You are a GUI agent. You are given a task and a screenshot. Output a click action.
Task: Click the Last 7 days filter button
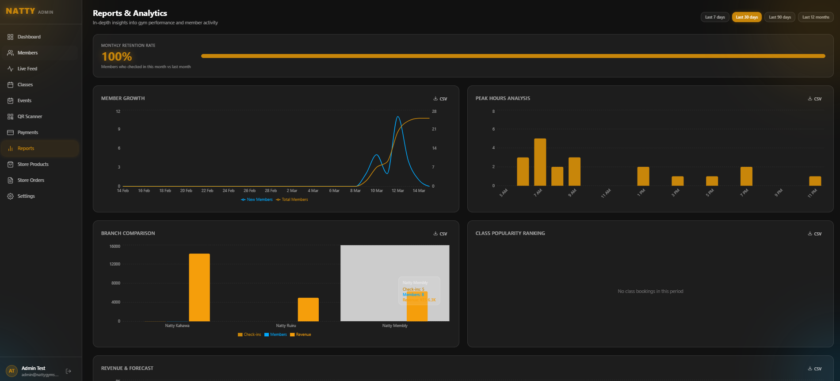pyautogui.click(x=714, y=17)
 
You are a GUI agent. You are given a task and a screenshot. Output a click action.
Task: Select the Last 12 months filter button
pyautogui.click(x=815, y=17)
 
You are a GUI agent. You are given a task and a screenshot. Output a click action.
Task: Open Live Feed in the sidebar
pyautogui.click(x=27, y=69)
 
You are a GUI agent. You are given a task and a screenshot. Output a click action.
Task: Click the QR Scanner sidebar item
pyautogui.click(x=30, y=116)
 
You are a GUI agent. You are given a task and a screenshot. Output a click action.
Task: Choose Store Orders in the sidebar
pyautogui.click(x=31, y=180)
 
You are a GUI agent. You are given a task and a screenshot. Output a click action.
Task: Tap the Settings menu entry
pyautogui.click(x=26, y=196)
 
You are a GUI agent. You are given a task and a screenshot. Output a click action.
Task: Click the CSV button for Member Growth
pyautogui.click(x=440, y=99)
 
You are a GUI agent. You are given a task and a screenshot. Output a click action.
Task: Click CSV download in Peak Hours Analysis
pyautogui.click(x=815, y=99)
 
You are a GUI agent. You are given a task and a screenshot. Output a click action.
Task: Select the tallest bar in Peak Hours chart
pyautogui.click(x=540, y=162)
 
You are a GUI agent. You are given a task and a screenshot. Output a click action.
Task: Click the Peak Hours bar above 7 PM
pyautogui.click(x=746, y=176)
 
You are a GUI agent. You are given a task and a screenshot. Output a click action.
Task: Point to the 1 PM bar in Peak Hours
pyautogui.click(x=643, y=176)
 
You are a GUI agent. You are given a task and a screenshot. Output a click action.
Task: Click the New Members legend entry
pyautogui.click(x=257, y=200)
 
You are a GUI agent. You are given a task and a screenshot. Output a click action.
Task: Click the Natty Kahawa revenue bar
pyautogui.click(x=199, y=288)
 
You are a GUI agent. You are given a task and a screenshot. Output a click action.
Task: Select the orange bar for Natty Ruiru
pyautogui.click(x=308, y=310)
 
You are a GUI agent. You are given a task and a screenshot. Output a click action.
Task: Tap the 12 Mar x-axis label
pyautogui.click(x=397, y=191)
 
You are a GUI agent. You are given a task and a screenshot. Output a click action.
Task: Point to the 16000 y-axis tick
pyautogui.click(x=115, y=246)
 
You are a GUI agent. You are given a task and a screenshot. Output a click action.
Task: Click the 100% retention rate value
pyautogui.click(x=117, y=57)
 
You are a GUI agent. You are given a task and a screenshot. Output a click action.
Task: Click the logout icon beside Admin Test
pyautogui.click(x=69, y=371)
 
